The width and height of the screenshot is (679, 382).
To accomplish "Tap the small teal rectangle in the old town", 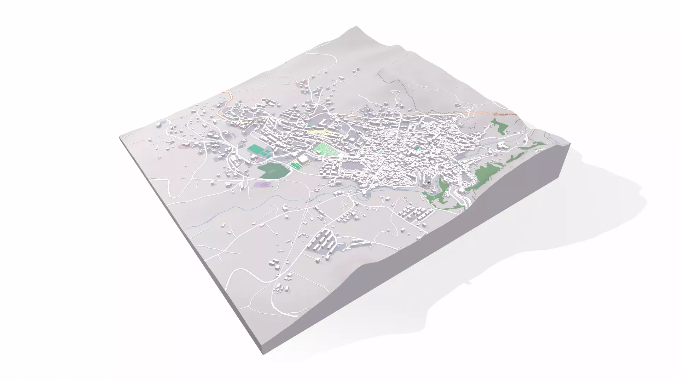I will [418, 148].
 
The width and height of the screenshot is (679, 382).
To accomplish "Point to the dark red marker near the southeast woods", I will [429, 182].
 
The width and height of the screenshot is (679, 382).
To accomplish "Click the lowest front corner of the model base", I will [262, 354].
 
